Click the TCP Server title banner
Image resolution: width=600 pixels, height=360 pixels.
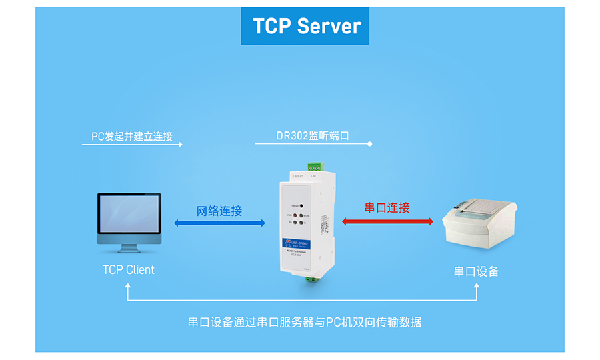[305, 26]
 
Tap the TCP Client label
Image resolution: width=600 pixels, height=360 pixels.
[128, 270]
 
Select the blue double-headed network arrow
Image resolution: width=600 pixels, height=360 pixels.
[219, 223]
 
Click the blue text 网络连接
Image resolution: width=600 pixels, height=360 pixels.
[219, 211]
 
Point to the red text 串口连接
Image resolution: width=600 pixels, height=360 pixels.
[387, 208]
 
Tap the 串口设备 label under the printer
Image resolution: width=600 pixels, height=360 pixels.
[476, 271]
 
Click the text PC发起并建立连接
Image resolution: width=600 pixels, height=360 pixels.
[132, 136]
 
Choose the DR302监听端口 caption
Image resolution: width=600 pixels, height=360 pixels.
[313, 136]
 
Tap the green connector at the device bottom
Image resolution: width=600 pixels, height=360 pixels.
[311, 279]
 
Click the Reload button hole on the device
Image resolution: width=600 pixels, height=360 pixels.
[301, 206]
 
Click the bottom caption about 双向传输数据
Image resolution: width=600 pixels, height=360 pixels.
[305, 322]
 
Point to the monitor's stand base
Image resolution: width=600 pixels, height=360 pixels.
[129, 251]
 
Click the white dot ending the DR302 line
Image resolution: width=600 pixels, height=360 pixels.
[370, 143]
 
